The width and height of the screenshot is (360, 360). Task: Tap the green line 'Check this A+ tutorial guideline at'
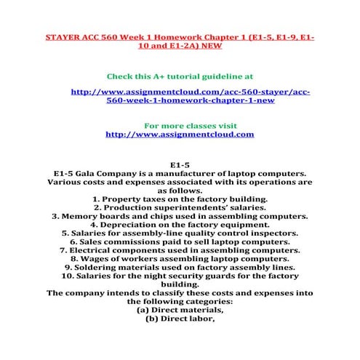click(x=180, y=76)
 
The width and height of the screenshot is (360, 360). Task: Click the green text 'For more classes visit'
click(x=180, y=125)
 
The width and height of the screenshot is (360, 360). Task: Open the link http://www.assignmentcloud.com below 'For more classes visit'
click(x=180, y=135)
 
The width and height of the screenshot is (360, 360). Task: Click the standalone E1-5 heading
click(x=180, y=164)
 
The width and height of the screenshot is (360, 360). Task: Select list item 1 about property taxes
click(x=180, y=198)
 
